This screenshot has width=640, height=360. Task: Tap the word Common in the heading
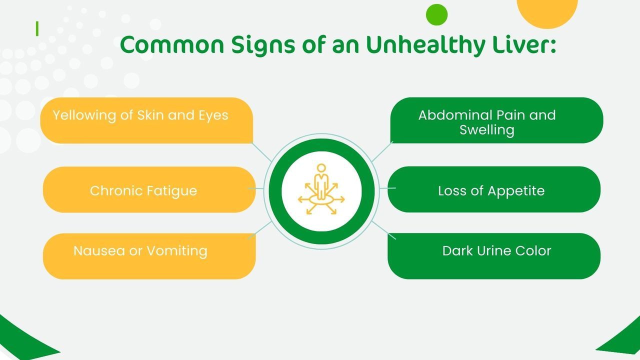click(172, 45)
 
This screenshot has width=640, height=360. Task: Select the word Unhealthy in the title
click(425, 45)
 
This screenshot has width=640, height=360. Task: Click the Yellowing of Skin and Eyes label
click(140, 115)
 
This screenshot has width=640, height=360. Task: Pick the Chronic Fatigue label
click(143, 191)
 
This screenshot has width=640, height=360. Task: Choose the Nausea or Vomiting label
click(140, 251)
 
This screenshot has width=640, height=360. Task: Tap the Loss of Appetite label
click(491, 191)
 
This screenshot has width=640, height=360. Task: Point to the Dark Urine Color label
click(496, 251)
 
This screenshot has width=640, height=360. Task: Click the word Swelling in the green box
click(487, 130)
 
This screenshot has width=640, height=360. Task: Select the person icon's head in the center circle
click(321, 168)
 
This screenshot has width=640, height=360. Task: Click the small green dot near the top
click(436, 14)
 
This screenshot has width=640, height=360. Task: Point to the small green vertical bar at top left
click(37, 29)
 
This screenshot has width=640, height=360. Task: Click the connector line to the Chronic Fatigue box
click(255, 188)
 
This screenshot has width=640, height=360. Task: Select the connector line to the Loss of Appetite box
click(387, 188)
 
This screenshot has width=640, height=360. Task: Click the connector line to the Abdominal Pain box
click(382, 151)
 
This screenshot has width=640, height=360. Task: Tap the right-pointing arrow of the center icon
click(339, 199)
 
